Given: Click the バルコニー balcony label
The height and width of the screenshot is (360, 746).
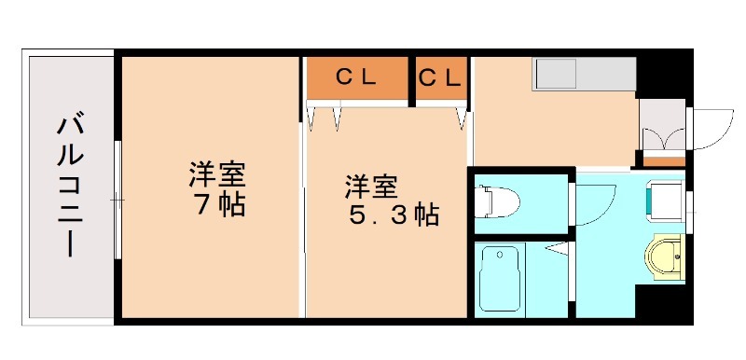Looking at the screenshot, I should [x=68, y=187].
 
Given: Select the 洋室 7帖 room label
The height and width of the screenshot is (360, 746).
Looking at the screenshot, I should [x=216, y=188].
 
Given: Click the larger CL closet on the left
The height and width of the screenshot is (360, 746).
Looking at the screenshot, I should [x=358, y=78].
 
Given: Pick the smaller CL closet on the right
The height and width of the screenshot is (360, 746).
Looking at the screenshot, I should [x=441, y=78].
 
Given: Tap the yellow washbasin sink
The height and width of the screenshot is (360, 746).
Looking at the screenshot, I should [x=666, y=256].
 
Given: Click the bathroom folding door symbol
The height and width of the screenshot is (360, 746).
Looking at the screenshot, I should [x=558, y=249].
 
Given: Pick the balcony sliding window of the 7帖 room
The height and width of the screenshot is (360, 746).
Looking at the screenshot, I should [x=117, y=200].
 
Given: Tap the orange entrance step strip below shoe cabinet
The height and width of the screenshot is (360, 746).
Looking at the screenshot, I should [x=663, y=160].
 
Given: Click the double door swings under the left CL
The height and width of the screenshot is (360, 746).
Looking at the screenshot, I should [x=325, y=117].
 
